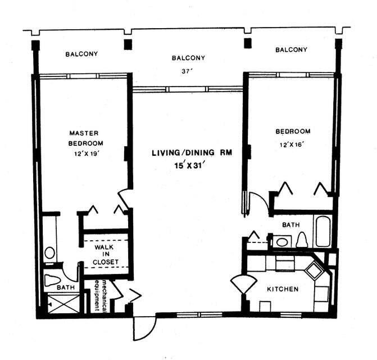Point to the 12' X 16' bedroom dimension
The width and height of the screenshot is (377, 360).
pos(292,145)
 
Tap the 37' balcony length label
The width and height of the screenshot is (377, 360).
pos(188,71)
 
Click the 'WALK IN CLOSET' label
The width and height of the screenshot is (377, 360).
pos(106,254)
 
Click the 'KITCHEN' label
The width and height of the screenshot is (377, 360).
pos(282,289)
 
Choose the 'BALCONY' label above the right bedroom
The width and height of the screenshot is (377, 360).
pos(291,50)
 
